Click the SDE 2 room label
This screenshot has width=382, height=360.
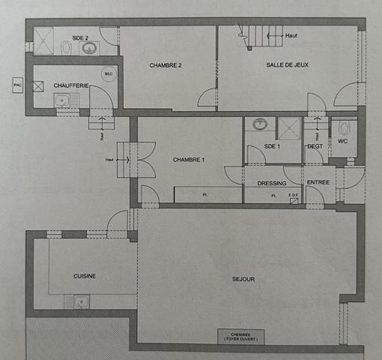[80, 37]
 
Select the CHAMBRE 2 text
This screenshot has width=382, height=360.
[166, 65]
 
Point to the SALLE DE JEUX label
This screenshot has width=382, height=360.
[287, 65]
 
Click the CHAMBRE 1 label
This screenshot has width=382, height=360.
[187, 160]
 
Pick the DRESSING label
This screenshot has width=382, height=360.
[272, 183]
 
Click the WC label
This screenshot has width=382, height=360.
[343, 141]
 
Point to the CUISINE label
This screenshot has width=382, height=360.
[85, 276]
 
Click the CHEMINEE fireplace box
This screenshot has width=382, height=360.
[241, 336]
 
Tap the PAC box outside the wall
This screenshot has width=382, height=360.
[17, 85]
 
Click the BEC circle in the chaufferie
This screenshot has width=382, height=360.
[109, 73]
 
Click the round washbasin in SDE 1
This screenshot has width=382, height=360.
[260, 124]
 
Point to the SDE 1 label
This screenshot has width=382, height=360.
[273, 146]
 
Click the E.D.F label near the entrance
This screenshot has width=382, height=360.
[294, 196]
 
